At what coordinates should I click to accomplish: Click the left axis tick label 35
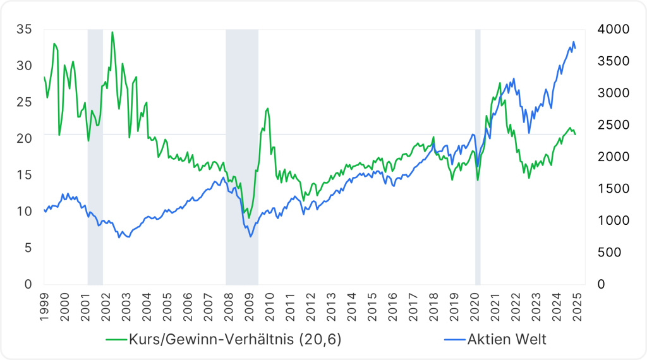pyautogui.click(x=24, y=29)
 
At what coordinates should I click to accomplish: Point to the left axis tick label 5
pyautogui.click(x=27, y=248)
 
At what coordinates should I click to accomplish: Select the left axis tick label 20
pyautogui.click(x=24, y=138)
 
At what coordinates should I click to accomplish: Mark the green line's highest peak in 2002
pyautogui.click(x=112, y=32)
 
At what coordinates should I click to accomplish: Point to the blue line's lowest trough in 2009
pyautogui.click(x=250, y=236)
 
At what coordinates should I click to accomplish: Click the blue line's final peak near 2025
pyautogui.click(x=573, y=42)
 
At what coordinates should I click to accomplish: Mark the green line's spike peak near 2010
pyautogui.click(x=267, y=108)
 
